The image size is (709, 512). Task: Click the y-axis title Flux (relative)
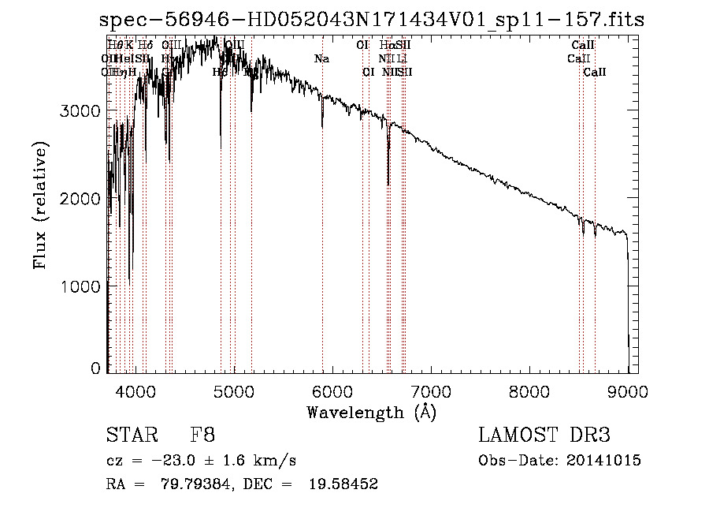pos(39,206)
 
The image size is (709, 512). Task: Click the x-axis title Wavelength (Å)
pos(371,412)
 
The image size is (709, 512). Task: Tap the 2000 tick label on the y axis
pos(81,199)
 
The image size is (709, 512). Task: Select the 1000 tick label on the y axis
pos(81,286)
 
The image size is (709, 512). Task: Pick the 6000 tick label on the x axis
pos(332,390)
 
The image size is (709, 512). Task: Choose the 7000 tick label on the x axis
pos(431,390)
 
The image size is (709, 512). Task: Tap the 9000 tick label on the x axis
pos(628,390)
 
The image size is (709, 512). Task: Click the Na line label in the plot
pos(321,59)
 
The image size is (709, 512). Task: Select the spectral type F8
pos(202,436)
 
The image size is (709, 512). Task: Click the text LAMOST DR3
pos(544,436)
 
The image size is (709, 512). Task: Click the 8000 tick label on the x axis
pos(529,390)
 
